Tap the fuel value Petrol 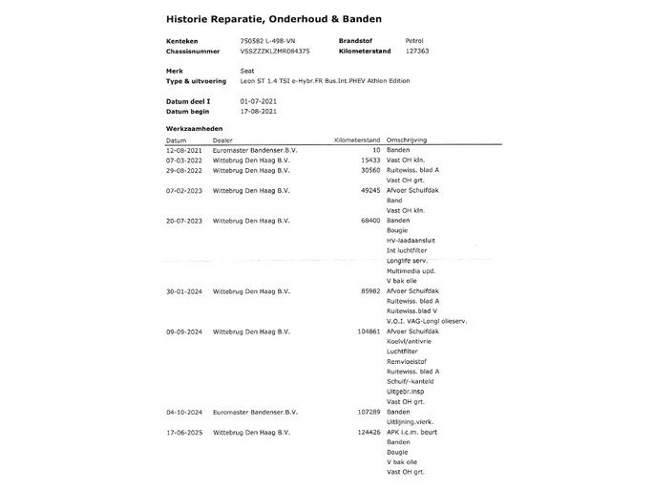coord(415,41)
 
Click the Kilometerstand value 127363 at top coord(417,52)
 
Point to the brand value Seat coord(247,72)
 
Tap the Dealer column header coord(222,140)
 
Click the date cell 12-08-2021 coord(182,150)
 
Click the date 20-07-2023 coord(182,221)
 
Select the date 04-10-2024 coord(182,413)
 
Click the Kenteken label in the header coord(181,41)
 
